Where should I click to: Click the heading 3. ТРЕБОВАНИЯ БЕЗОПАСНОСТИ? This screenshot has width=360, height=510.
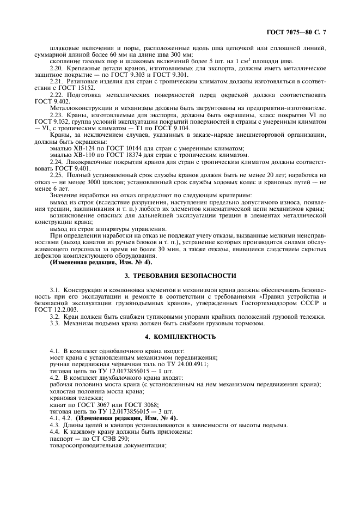pyautogui.click(x=180, y=276)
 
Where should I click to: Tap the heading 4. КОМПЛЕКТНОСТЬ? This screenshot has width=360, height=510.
pyautogui.click(x=180, y=337)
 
